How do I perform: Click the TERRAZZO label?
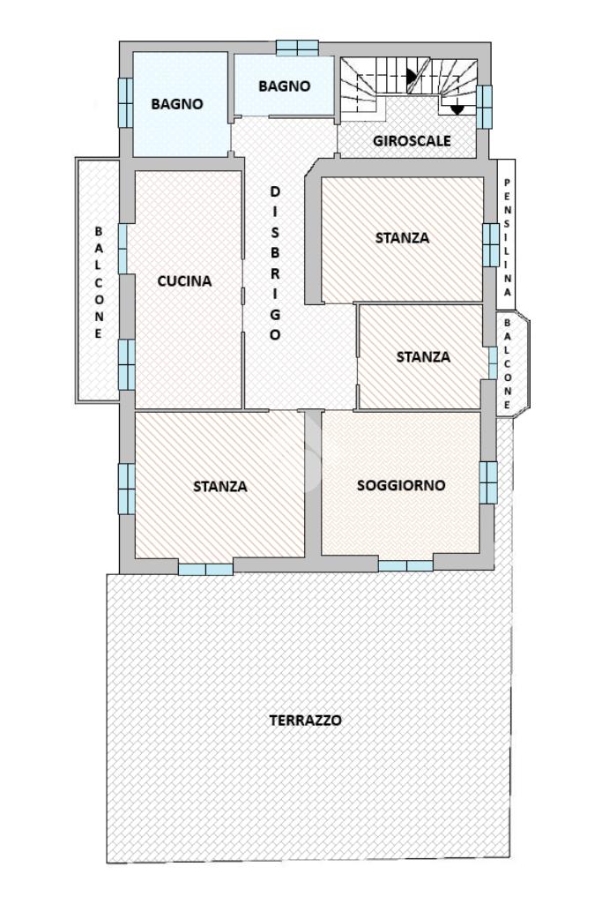pos(305,720)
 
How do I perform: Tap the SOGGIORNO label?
pos(401,485)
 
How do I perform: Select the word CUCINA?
pos(184,281)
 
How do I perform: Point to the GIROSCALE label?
pos(412,141)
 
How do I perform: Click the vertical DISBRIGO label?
pos(275,262)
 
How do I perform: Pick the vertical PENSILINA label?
pos(507,237)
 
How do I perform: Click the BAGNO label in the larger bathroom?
pos(177,104)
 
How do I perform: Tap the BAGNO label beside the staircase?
pos(284,86)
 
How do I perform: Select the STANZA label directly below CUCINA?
pos(220,487)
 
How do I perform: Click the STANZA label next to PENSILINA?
pos(402,238)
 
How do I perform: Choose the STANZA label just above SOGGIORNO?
pos(423,357)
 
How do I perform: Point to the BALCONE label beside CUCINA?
pos(99,282)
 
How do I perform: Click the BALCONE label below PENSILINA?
pos(507,363)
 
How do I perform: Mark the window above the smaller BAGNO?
pos(297,48)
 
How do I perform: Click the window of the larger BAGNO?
pos(125,102)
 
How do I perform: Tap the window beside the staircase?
pos(484,107)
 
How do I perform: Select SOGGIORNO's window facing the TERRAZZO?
pos(406,565)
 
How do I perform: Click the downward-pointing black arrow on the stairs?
pos(457,109)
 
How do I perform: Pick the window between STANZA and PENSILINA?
pos(490,245)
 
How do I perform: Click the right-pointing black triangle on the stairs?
pos(412,76)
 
